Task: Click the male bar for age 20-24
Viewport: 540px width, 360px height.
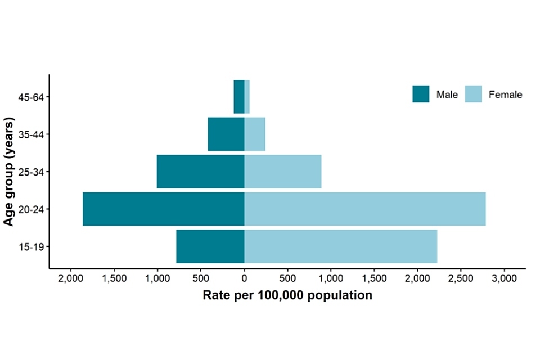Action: click(x=163, y=209)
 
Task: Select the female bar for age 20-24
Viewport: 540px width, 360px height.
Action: click(x=364, y=209)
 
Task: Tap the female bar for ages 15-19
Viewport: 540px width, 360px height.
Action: click(x=340, y=246)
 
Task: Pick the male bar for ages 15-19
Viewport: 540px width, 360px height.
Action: click(x=210, y=246)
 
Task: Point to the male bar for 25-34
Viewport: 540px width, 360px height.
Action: click(x=200, y=172)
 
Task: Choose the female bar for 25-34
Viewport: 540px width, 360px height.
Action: click(x=282, y=172)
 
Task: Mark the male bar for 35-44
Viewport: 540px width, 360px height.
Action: click(x=226, y=134)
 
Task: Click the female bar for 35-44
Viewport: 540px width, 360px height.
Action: click(x=254, y=134)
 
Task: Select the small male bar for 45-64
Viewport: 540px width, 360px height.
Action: click(x=239, y=97)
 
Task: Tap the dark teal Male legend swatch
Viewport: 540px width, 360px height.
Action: click(x=421, y=94)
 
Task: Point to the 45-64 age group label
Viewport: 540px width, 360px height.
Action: click(x=31, y=97)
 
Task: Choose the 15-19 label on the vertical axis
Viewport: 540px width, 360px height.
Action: click(x=31, y=246)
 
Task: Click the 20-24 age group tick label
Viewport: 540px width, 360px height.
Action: click(x=31, y=209)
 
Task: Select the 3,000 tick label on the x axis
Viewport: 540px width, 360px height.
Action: click(x=504, y=278)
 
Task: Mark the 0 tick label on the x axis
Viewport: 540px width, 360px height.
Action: click(x=244, y=278)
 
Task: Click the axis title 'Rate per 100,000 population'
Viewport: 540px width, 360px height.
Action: click(x=287, y=295)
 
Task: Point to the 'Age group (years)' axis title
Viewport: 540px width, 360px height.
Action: click(x=9, y=172)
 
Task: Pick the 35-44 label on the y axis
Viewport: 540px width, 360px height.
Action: click(x=31, y=134)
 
